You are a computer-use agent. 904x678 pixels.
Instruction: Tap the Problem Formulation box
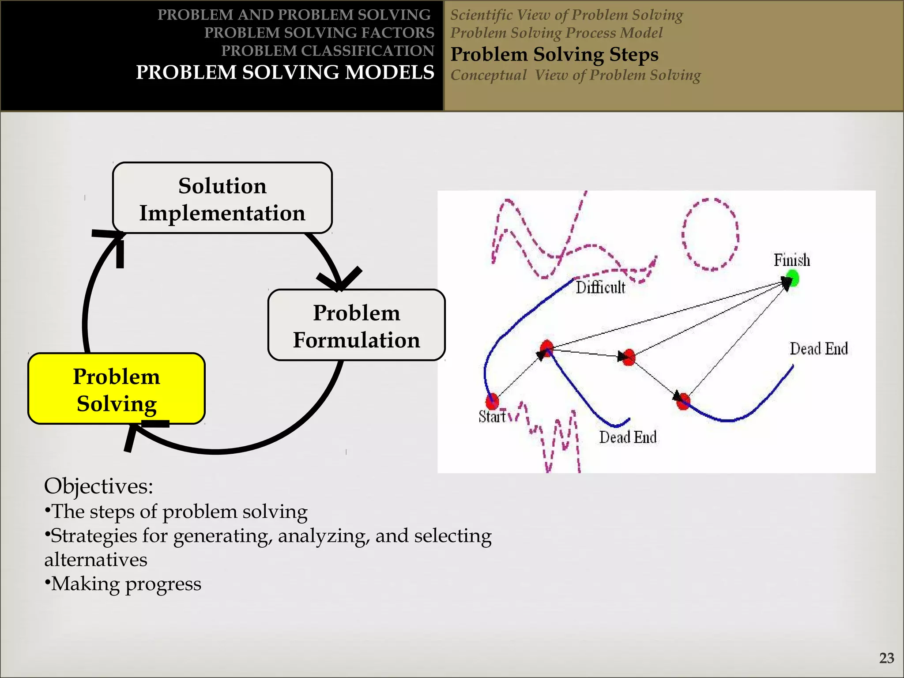[x=356, y=326]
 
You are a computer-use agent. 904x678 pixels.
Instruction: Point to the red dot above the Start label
[x=492, y=401]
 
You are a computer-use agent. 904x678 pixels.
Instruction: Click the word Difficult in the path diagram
[x=600, y=288]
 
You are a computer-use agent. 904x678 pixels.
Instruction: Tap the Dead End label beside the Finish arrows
[x=819, y=349]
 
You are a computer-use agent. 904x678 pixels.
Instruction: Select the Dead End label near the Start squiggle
[x=628, y=437]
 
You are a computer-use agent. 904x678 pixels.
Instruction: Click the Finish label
[x=792, y=260]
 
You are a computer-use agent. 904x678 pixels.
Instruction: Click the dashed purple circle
[x=710, y=234]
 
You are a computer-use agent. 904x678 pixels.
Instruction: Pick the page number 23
[x=886, y=658]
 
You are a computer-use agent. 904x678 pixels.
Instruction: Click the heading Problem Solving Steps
[x=554, y=55]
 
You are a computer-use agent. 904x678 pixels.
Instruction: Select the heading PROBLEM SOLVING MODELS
[x=285, y=72]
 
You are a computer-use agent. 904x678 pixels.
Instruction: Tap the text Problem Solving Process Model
[x=556, y=33]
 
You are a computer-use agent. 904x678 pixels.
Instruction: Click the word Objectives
[x=98, y=486]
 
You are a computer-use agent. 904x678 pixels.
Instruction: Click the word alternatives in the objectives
[x=96, y=560]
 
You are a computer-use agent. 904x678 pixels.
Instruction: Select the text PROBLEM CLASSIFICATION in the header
[x=328, y=51]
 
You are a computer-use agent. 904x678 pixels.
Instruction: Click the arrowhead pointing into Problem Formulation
[x=339, y=280]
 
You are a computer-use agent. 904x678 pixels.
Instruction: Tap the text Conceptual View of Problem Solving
[x=575, y=75]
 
